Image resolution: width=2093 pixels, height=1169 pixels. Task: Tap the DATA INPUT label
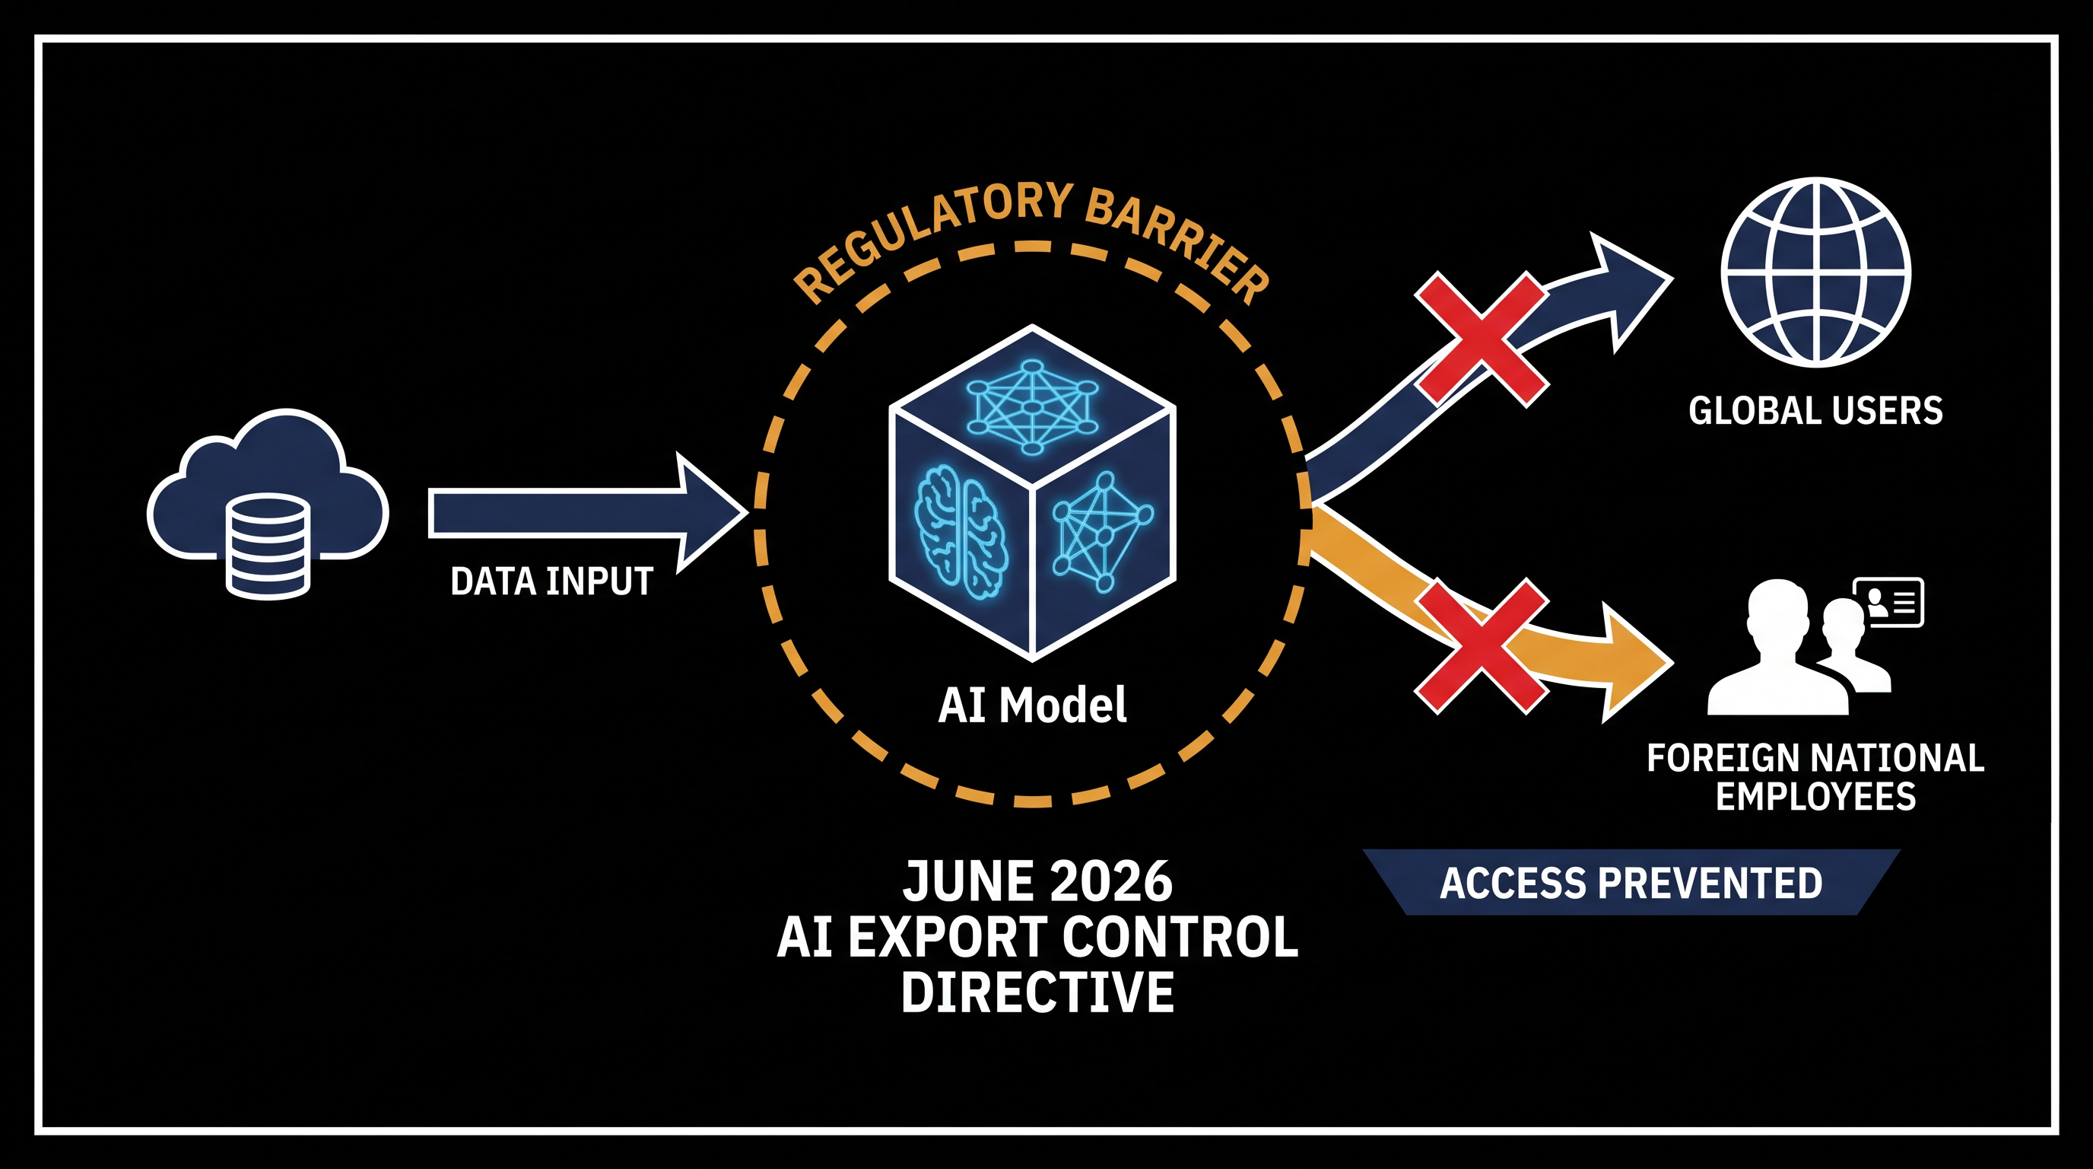click(551, 581)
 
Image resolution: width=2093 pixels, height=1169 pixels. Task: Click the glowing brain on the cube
click(961, 533)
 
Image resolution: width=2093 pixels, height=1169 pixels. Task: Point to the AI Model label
click(1032, 704)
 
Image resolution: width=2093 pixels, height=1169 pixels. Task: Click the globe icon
click(1816, 272)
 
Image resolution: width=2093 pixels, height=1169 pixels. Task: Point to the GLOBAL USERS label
click(1816, 410)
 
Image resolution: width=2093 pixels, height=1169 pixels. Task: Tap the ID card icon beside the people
click(1888, 602)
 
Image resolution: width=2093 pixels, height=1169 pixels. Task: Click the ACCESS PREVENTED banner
click(1631, 883)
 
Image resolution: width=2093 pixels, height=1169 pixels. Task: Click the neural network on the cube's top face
click(1032, 406)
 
